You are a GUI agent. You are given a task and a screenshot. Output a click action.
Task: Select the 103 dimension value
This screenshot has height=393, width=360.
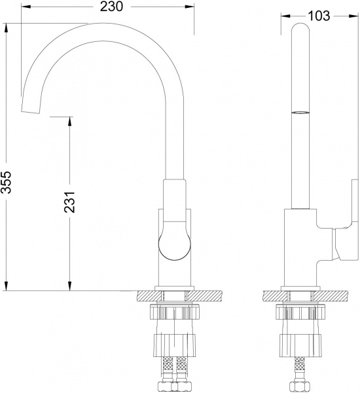point(317,16)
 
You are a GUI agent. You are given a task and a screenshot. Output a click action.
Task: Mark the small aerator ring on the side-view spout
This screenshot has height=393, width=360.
point(299,113)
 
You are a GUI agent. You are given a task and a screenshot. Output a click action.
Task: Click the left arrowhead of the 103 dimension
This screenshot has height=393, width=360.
point(283,16)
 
